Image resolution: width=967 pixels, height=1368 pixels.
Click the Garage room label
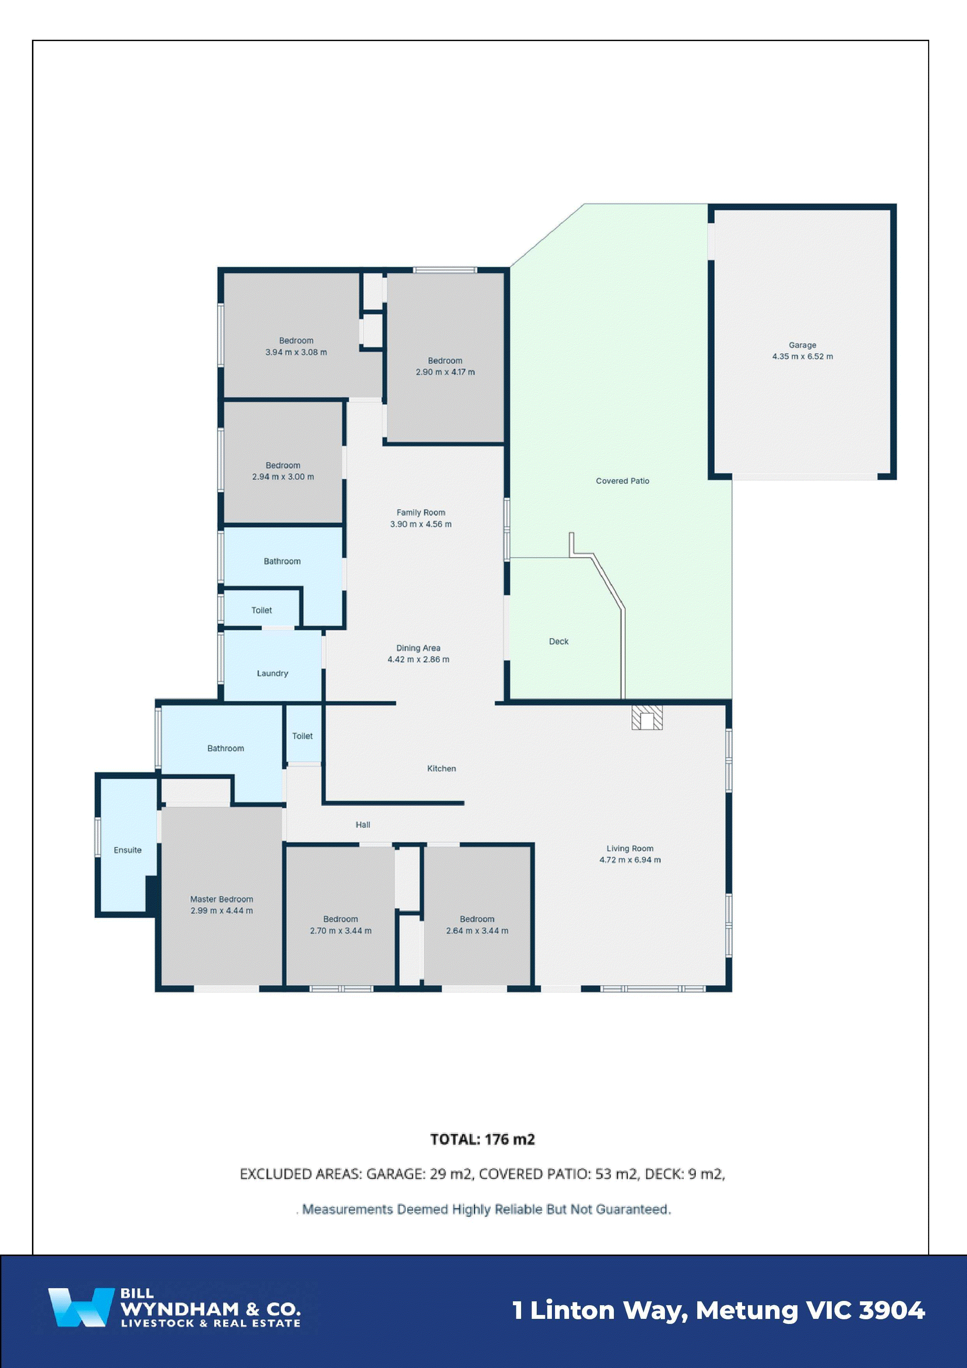coord(802,345)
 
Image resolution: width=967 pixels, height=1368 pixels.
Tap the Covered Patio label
coord(622,481)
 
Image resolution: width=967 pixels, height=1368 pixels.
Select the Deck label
coord(558,641)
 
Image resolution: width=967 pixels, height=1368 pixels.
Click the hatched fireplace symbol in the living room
coord(647,717)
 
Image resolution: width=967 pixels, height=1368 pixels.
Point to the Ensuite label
coord(127,849)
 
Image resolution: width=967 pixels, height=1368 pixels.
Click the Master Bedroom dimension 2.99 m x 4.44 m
coord(222,910)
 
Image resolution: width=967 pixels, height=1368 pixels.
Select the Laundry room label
coord(272,673)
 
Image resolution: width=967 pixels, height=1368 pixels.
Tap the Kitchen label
coord(442,769)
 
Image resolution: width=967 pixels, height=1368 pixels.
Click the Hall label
coord(363,825)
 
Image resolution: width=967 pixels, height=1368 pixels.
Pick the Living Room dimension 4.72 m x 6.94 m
coord(630,860)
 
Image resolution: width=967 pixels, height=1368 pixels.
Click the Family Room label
coord(421,512)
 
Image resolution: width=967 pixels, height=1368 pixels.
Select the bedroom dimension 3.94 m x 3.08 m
coord(296,352)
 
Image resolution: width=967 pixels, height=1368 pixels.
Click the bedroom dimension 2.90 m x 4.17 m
coord(445,372)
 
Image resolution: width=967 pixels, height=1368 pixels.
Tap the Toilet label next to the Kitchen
coord(302,736)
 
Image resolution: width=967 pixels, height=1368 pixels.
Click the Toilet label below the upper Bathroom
coord(262,610)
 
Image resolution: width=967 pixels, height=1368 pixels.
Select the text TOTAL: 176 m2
coord(483,1139)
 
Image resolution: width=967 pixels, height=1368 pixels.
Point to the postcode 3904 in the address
coord(891,1310)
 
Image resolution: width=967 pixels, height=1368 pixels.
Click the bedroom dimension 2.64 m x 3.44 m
coord(477,931)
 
